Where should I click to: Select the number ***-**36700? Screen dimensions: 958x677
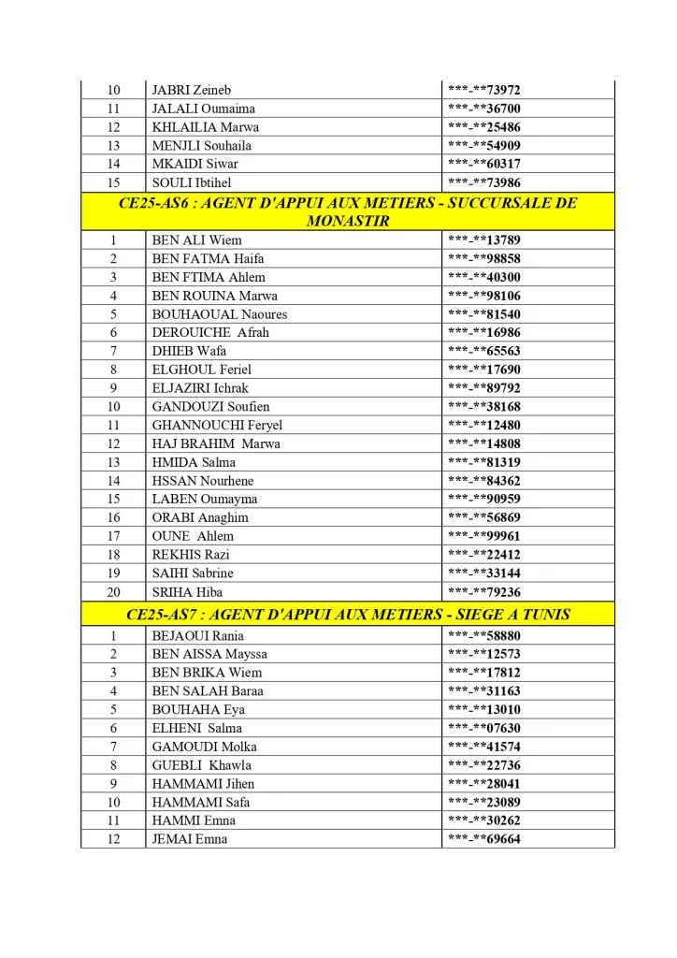pos(483,109)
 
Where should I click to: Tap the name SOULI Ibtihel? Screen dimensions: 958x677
pos(192,182)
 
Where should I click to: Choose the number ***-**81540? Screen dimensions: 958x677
pos(483,314)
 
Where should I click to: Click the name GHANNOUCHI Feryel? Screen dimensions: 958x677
pos(217,426)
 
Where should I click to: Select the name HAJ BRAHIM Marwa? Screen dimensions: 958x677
pos(215,443)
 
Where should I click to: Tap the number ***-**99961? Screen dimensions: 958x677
pos(483,536)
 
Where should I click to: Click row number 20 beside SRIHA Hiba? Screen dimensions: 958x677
pos(113,592)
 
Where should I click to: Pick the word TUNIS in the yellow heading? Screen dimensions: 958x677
pos(542,615)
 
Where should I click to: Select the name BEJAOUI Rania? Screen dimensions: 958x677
pos(197,635)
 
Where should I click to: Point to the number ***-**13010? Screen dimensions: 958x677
pos(483,709)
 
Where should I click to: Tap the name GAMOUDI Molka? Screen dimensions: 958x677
pos(204,747)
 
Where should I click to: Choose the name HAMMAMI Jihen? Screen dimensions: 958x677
pos(203,784)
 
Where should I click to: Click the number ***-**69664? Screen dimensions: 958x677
pos(483,839)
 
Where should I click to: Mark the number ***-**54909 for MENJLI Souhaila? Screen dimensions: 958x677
pos(483,146)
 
